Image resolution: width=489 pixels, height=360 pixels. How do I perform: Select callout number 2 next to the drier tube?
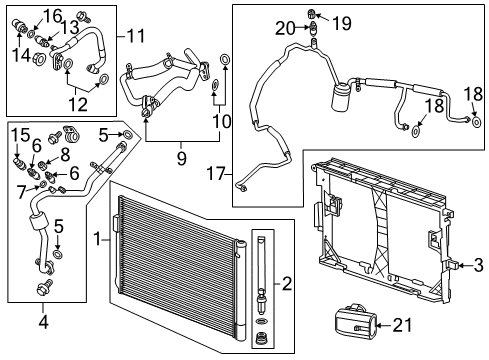(287, 284)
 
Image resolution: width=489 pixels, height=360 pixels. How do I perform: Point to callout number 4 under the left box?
(44, 321)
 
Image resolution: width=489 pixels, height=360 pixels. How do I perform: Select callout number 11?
(136, 36)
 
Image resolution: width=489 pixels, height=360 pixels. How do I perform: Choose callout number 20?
(284, 28)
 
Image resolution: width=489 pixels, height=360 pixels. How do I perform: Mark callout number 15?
(19, 134)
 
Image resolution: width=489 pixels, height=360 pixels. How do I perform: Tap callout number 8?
(66, 155)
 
